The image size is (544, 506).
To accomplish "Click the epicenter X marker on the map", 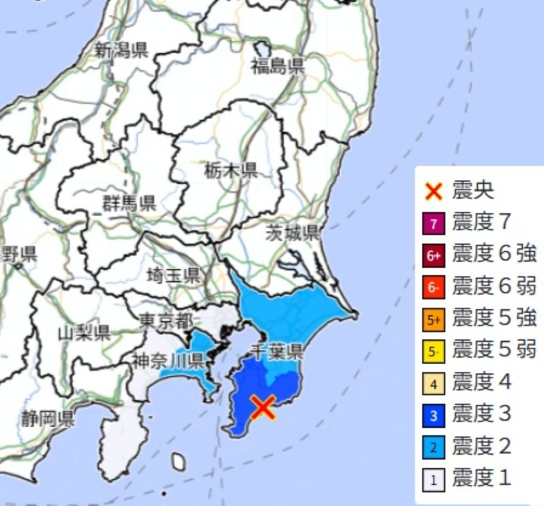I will coord(262,407).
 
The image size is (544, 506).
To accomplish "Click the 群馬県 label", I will coord(129,202).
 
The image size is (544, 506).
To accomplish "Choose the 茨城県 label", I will coord(292,234).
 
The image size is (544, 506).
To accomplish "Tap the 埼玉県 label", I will coord(173,275).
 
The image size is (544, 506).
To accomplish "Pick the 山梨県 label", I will coord(84,333).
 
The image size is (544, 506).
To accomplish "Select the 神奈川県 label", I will coord(167,360).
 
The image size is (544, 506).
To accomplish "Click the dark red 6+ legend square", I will coord(435,255).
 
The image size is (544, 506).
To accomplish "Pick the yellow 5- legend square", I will coord(435,351).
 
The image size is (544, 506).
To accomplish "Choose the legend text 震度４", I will coord(481,382).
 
